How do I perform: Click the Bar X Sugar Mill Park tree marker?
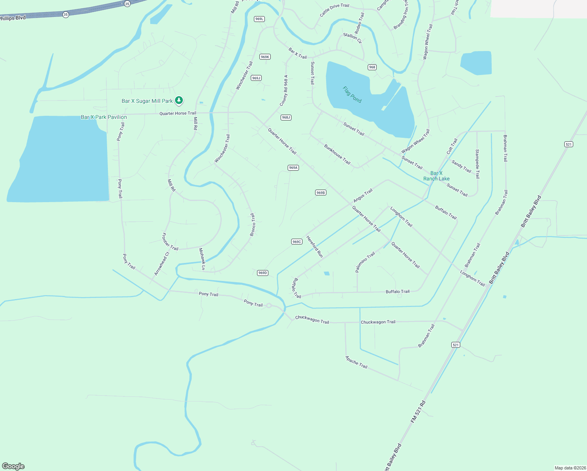point(179,100)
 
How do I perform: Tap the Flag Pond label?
point(352,95)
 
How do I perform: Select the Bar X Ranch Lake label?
point(436,176)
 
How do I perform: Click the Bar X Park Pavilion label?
point(104,117)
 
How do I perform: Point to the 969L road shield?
point(259,19)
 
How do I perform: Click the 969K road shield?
point(265,57)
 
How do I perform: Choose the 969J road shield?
point(256,78)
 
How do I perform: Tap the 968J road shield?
point(286,117)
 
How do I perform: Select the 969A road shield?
point(293,168)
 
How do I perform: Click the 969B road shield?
point(321,193)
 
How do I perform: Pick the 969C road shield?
point(297,242)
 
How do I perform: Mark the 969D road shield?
point(263,273)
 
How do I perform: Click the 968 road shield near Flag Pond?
point(372,67)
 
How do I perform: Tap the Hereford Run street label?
point(315,246)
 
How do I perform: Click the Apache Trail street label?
point(356,362)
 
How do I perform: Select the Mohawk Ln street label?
point(202,259)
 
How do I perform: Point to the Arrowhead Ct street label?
point(162,263)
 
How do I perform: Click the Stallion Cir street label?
point(352,38)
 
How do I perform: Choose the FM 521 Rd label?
point(418,412)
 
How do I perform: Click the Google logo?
point(13,466)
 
